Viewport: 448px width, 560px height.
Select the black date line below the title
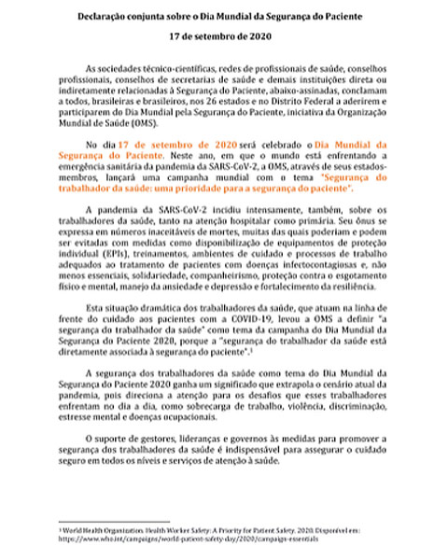[x=223, y=39]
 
